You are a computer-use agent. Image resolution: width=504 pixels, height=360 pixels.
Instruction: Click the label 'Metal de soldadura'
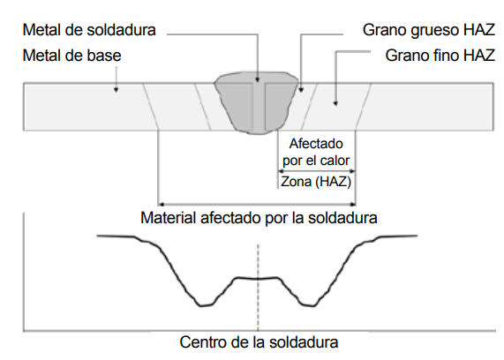pos(89,30)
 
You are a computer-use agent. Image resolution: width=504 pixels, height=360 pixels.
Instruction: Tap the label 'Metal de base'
pos(71,56)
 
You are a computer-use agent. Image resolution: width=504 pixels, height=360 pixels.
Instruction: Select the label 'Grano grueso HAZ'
pos(429,30)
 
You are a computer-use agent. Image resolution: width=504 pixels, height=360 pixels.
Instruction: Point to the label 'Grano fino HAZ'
pos(440,56)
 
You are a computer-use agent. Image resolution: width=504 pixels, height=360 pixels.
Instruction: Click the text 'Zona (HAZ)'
pos(316,182)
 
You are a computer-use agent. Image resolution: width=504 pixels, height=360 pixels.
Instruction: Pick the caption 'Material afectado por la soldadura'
pos(259,218)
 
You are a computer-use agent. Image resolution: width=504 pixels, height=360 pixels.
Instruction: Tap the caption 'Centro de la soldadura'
pos(259,342)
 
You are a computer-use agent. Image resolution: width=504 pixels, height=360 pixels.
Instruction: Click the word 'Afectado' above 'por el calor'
pos(316,144)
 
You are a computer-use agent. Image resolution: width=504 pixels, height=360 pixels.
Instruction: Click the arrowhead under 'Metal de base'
pos(117,90)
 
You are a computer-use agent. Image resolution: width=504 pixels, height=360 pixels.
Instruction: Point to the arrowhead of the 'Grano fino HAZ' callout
pos(335,103)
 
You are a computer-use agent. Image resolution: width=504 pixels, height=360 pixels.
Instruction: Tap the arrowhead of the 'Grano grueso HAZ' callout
pos(301,90)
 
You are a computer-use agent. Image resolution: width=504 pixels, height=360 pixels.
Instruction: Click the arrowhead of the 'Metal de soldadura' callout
pos(258,79)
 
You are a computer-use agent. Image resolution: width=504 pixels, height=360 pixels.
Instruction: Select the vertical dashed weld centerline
pos(258,287)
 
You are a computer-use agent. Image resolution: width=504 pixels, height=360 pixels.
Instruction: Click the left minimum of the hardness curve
pos(206,305)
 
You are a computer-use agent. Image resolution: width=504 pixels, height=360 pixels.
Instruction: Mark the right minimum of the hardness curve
pos(308,305)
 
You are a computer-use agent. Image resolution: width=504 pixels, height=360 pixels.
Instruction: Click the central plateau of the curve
pos(257,278)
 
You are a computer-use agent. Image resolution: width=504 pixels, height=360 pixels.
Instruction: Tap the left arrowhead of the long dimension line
pos(162,204)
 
